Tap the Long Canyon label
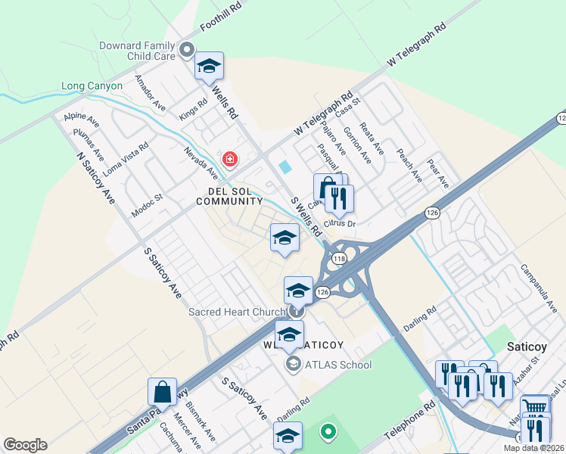[92, 86]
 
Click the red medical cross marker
[229, 160]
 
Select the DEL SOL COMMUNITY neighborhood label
[229, 195]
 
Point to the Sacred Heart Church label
[237, 312]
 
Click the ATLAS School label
[337, 365]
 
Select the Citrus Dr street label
[339, 223]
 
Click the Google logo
[25, 445]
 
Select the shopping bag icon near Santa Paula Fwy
[163, 392]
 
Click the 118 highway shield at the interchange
[339, 259]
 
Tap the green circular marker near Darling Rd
[328, 432]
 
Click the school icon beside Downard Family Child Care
[209, 66]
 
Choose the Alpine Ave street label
[82, 119]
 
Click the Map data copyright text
[533, 448]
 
